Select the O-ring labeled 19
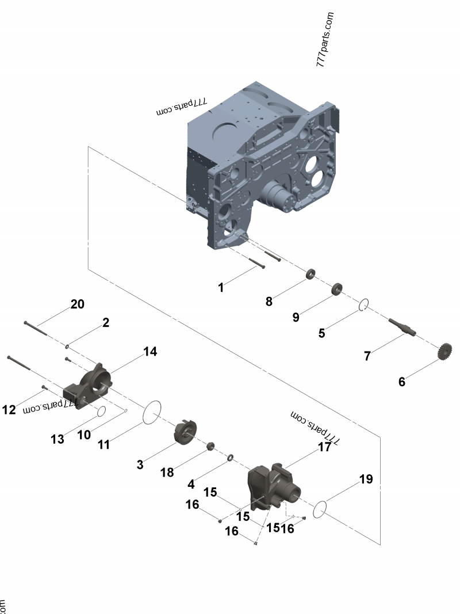[x=320, y=509]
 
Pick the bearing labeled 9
[x=337, y=288]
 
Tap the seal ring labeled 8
[x=310, y=274]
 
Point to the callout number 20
[x=78, y=304]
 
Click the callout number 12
[x=9, y=410]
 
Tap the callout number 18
[x=167, y=472]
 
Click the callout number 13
[x=57, y=439]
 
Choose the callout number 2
[x=106, y=323]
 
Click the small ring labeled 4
[x=229, y=457]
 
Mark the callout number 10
[x=84, y=434]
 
